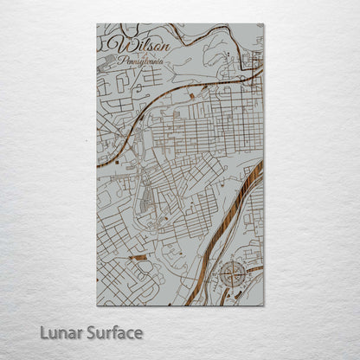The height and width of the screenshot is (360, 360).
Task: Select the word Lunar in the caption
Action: [x=61, y=332]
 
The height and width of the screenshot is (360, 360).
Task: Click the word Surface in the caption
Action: [x=113, y=332]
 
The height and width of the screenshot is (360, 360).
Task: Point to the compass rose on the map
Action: [x=232, y=275]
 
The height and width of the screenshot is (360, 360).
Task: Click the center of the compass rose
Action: [x=232, y=275]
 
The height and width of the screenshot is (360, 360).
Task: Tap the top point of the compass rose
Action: [x=232, y=262]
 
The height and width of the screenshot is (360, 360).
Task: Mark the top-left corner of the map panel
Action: [x=97, y=24]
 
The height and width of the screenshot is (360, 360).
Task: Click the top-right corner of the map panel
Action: [x=264, y=24]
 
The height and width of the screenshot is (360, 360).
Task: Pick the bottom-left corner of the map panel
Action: [x=97, y=305]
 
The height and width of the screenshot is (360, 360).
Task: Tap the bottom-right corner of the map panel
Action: [x=264, y=305]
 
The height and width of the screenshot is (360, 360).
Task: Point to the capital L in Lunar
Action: [x=44, y=332]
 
